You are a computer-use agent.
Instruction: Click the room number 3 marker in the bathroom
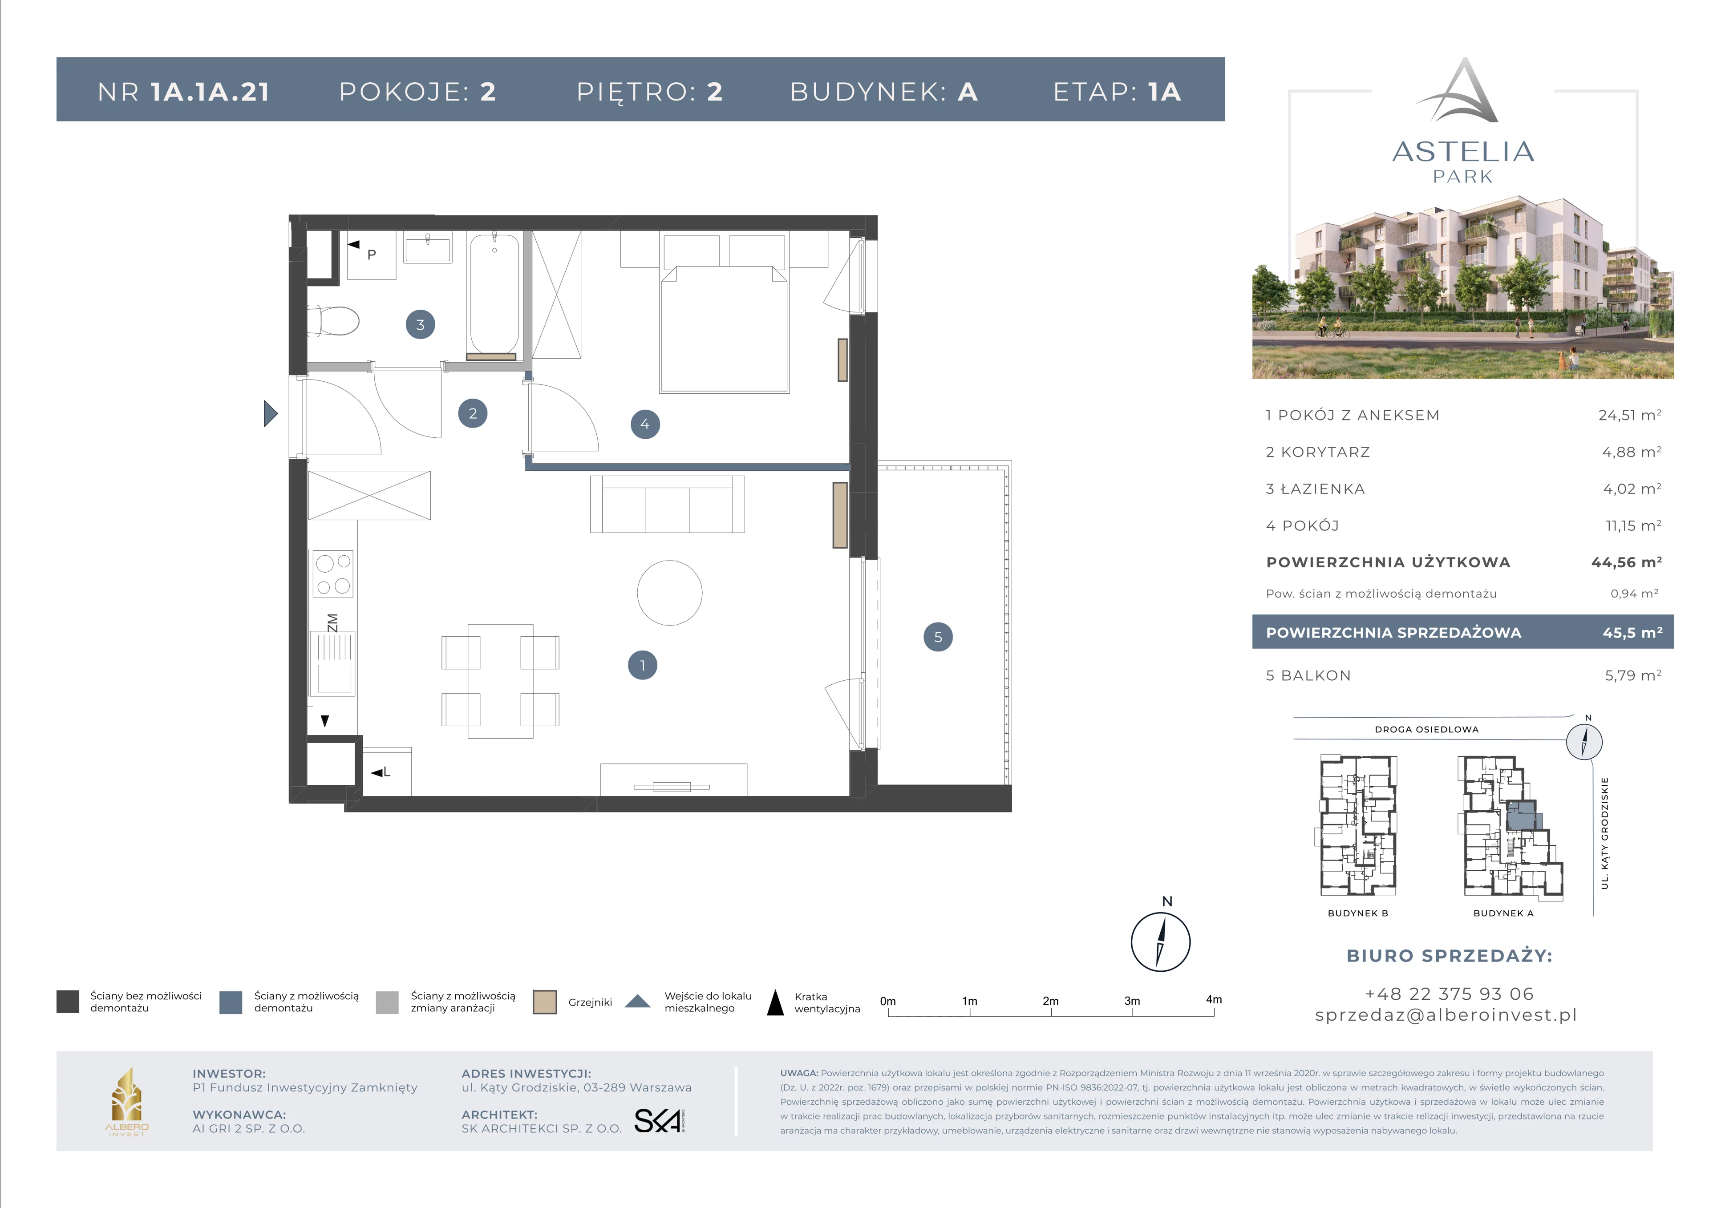(421, 324)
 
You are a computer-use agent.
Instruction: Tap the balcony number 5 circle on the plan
(938, 637)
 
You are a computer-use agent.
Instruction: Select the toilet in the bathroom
(333, 321)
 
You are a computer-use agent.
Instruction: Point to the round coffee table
(670, 593)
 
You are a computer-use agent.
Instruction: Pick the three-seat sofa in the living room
(667, 504)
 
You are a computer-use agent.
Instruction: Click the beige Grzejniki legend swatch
(545, 1002)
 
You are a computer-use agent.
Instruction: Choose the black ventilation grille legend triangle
(776, 1002)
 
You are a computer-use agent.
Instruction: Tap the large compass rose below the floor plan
(1160, 941)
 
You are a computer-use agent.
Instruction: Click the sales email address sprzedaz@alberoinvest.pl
(1446, 1015)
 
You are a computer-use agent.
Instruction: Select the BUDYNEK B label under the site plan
(1358, 913)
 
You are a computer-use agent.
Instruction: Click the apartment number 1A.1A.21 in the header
(210, 92)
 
